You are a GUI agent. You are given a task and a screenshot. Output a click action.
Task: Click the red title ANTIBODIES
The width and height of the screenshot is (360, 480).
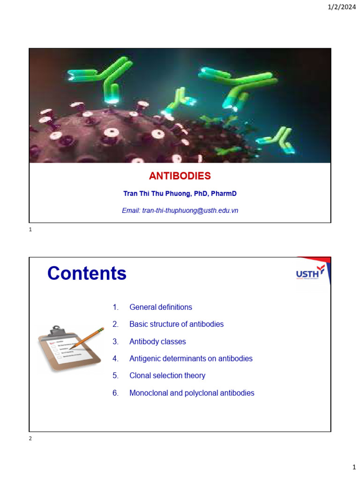[180, 176]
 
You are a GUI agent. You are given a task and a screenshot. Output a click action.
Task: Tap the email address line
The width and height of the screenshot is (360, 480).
[180, 211]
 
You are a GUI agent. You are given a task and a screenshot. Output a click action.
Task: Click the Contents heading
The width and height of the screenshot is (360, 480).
[87, 274]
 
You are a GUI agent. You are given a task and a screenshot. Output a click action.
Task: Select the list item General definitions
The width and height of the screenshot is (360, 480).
[161, 307]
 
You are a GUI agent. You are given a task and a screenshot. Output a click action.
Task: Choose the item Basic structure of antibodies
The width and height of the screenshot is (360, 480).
[176, 324]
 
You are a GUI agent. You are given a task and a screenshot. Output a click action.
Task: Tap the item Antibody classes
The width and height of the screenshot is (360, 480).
[157, 342]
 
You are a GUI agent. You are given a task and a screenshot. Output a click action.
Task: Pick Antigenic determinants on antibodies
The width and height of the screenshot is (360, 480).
[191, 359]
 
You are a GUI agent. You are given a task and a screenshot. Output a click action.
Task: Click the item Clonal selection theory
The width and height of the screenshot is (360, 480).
[167, 375]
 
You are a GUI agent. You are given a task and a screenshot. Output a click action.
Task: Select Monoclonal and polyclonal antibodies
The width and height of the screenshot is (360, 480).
[192, 393]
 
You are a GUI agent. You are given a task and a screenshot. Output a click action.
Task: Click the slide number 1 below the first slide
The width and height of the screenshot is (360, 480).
[30, 230]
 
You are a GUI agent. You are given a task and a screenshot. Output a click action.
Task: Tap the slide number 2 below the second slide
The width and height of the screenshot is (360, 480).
[30, 439]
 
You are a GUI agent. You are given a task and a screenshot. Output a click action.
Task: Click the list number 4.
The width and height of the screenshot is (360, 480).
[115, 359]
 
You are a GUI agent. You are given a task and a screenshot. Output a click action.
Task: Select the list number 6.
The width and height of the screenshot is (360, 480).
[115, 393]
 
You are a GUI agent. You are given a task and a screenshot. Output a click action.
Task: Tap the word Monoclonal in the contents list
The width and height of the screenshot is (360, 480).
[149, 393]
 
